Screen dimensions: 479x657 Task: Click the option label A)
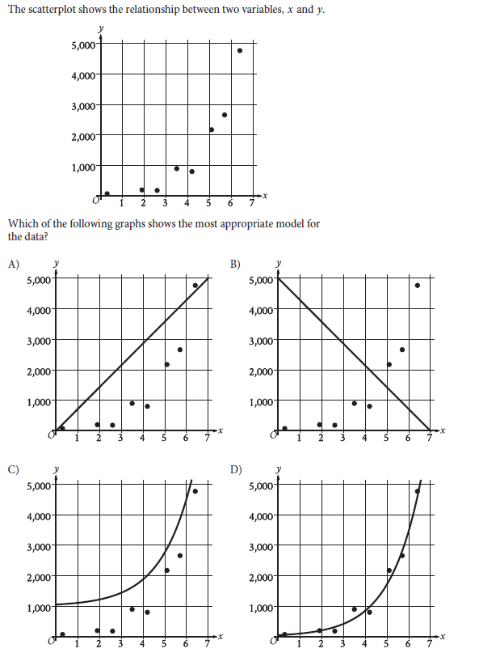(x=14, y=263)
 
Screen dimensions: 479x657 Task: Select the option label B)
(x=235, y=263)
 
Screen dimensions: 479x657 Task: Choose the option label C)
(x=14, y=468)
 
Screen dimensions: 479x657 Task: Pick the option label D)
(x=235, y=468)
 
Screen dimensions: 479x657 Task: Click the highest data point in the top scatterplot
(x=240, y=50)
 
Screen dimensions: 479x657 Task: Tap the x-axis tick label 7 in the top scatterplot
(x=251, y=202)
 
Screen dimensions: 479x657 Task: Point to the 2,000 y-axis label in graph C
(x=40, y=576)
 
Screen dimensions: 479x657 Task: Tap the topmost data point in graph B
(x=418, y=285)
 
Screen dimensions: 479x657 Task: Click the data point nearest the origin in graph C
(x=62, y=634)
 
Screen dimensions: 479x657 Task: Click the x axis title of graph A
(x=220, y=430)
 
